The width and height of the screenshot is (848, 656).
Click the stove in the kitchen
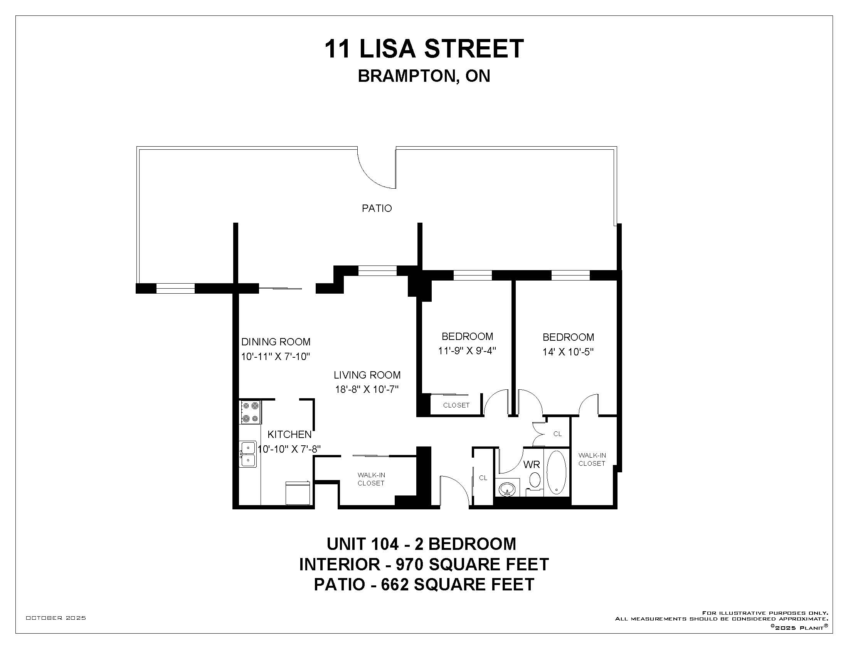[250, 413]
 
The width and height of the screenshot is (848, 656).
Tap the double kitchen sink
[248, 454]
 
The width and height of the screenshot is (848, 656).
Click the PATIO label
[377, 208]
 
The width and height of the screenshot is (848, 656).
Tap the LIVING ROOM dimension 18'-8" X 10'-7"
[367, 389]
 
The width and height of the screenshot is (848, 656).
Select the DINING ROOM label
[276, 342]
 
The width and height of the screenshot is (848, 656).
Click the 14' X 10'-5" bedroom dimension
[568, 352]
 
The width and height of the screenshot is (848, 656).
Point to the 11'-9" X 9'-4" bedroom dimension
[467, 350]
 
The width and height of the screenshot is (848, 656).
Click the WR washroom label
[532, 464]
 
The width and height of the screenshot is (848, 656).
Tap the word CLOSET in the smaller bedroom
[456, 405]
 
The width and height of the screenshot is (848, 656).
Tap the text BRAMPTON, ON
[424, 76]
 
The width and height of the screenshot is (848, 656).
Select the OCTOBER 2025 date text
[56, 618]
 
